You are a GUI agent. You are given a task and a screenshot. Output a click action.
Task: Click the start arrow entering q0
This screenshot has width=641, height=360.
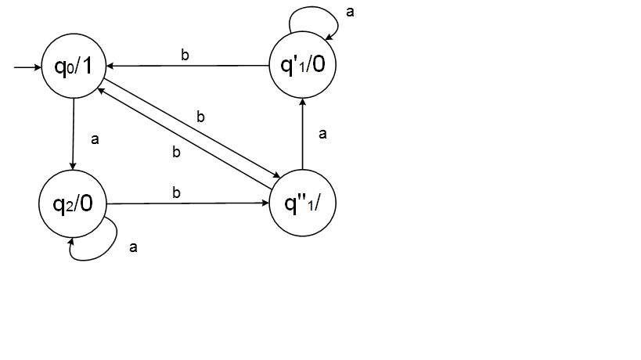pos(27,67)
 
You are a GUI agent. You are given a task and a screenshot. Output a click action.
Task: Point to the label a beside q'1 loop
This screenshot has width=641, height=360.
pos(349,13)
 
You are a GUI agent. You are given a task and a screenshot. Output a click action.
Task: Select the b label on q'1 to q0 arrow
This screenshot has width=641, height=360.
pos(185,55)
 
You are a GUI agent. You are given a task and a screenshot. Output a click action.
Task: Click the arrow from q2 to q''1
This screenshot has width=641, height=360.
pos(188,203)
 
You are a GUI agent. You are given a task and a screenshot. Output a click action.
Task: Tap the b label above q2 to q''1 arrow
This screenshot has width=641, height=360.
pos(176,192)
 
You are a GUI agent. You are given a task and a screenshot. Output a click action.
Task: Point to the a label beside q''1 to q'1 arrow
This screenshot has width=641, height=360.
pos(322,134)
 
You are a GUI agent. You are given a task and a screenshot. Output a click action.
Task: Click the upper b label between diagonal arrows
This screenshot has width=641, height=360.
pos(200,117)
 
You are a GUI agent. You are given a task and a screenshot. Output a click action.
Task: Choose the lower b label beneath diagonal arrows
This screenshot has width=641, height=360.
pos(176,152)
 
